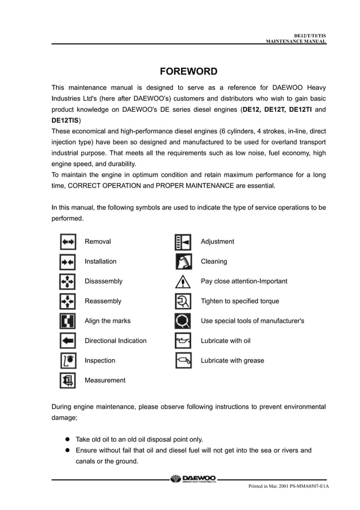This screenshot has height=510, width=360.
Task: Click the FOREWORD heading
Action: pos(188,71)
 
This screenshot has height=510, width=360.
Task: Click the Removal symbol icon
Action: pos(68,242)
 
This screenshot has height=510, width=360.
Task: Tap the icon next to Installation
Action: pos(68,261)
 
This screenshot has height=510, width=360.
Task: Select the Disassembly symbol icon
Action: pos(68,281)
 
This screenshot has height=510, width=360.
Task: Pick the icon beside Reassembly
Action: pos(68,301)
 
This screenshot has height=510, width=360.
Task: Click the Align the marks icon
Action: pos(68,321)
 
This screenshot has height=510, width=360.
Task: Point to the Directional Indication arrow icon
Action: pos(68,341)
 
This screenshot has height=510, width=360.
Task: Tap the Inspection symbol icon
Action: pos(68,360)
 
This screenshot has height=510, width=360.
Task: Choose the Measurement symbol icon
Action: pos(68,380)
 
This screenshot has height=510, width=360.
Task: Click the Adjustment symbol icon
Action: pos(183,242)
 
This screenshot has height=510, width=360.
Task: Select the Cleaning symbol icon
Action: pos(183,261)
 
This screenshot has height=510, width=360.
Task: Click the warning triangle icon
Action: pos(183,281)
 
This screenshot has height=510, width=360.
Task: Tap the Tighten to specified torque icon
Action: pos(183,301)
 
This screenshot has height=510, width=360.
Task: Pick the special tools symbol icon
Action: pos(183,321)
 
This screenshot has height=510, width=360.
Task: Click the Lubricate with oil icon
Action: pos(183,341)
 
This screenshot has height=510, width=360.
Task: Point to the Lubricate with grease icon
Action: pos(183,360)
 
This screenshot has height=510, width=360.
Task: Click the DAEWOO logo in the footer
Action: pos(192,479)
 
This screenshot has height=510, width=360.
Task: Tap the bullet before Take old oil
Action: pos(65,439)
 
